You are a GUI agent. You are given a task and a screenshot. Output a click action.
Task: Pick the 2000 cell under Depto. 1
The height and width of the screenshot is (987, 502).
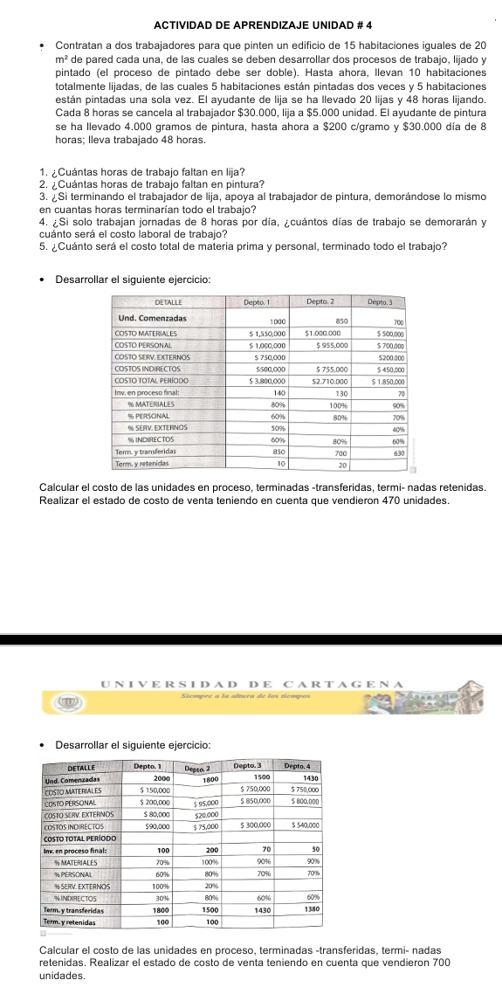[x=162, y=777]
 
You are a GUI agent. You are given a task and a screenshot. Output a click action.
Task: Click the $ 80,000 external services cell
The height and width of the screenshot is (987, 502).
[x=154, y=813]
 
